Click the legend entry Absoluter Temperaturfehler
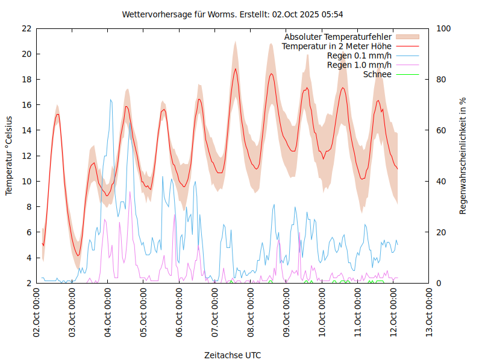pos(337,37)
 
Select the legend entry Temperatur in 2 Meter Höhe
pos(337,46)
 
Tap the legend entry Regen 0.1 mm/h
pos(359,56)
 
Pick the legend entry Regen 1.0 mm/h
pos(359,65)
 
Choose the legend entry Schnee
pos(377,74)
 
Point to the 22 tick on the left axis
pos(26,28)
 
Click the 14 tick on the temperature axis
pos(26,130)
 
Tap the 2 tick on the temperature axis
pos(28,283)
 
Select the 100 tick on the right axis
pos(444,28)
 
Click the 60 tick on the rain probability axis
pos(442,130)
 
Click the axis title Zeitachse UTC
pos(233,355)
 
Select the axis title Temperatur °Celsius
pos(9,156)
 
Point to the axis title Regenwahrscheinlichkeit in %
pos(463,156)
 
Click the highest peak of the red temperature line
pos(236,69)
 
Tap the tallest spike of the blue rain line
pos(110,100)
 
